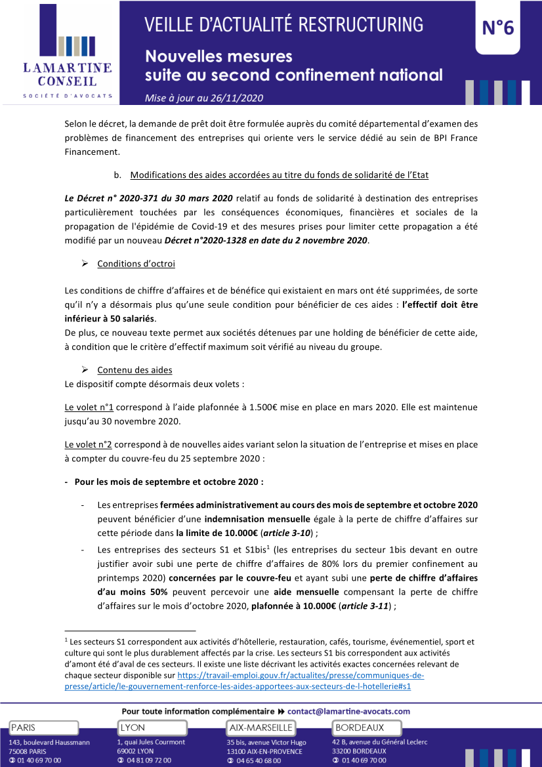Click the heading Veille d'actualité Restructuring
(284, 25)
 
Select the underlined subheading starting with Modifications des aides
(280, 175)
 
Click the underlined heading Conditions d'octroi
(136, 264)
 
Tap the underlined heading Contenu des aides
(135, 370)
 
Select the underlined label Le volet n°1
(89, 407)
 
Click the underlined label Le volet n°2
(89, 444)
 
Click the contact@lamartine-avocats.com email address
(348, 711)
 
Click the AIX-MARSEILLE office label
(261, 728)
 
